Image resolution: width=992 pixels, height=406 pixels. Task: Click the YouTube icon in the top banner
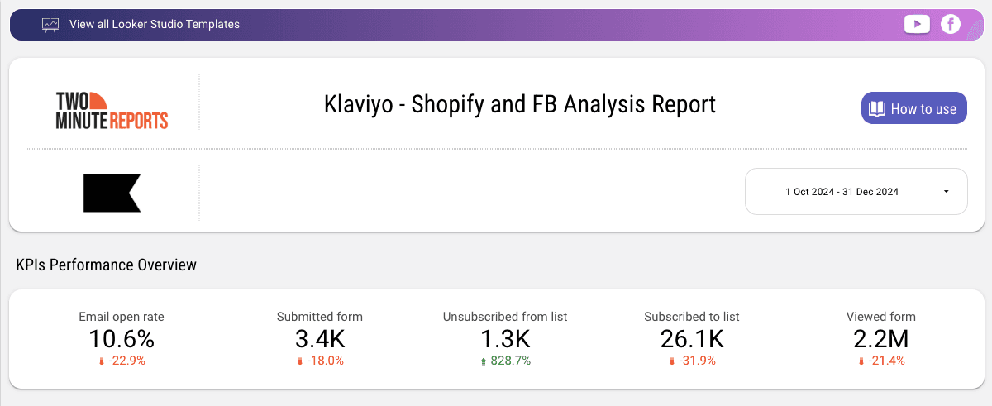point(917,24)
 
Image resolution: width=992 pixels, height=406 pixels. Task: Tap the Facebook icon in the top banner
point(951,24)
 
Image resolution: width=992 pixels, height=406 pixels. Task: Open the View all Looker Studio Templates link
point(155,24)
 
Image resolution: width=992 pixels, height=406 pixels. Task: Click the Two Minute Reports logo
point(112,110)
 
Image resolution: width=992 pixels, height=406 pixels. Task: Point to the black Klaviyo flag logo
point(112,193)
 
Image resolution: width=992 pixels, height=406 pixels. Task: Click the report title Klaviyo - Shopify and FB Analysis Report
point(520,105)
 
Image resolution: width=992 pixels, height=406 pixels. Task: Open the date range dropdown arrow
point(946,192)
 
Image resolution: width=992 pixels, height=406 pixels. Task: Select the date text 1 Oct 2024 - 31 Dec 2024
point(842,192)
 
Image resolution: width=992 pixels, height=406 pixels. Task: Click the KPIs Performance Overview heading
point(106,265)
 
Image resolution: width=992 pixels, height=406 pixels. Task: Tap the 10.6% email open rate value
point(122,339)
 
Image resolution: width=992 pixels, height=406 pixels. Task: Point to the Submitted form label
point(320,317)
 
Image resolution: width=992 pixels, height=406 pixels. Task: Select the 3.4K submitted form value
point(320,339)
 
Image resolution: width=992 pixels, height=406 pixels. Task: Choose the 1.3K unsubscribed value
point(505,339)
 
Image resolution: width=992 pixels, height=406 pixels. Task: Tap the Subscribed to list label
point(691,317)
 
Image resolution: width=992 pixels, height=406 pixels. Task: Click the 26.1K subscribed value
point(692,339)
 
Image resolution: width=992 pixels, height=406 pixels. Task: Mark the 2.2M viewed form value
point(881,339)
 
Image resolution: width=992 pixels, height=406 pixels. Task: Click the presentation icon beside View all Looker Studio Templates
point(50,24)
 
